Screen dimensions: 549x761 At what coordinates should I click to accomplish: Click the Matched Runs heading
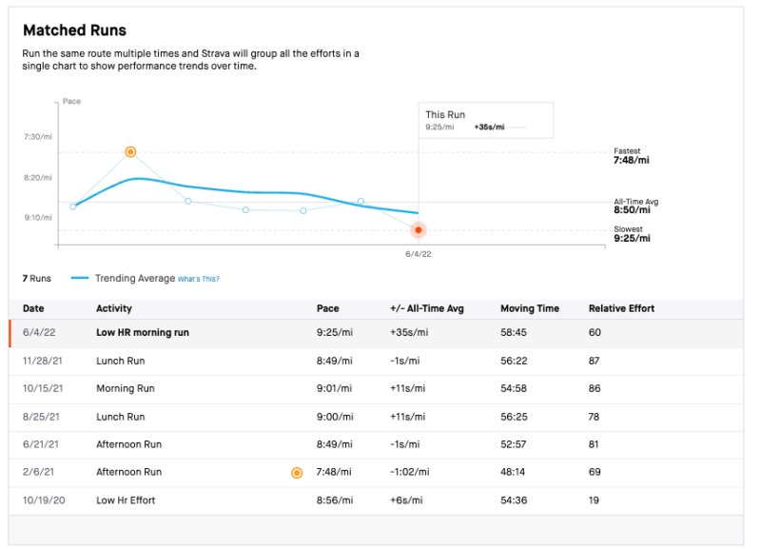coord(74,30)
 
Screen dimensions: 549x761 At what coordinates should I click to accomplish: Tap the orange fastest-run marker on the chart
coord(130,152)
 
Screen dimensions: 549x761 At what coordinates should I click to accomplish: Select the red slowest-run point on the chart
coord(419,230)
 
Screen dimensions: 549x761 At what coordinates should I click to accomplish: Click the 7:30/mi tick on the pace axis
coord(38,137)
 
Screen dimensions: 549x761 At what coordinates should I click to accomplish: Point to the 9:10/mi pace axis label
coord(38,217)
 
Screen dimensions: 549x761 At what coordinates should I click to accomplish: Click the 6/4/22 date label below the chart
coord(419,254)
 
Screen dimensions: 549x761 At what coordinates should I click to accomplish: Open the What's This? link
coord(199,279)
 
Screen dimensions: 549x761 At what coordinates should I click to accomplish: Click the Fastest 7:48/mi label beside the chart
coord(632,156)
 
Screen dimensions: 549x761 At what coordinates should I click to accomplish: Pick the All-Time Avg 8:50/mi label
coord(635,206)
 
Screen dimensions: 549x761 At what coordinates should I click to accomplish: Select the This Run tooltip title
coord(445,115)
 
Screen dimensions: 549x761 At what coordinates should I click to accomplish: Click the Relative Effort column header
coord(621,308)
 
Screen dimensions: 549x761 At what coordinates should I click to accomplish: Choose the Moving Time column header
coord(530,308)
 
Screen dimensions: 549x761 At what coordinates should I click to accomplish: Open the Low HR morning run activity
coord(142,333)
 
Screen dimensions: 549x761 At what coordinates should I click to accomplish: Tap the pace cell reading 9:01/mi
coord(334,389)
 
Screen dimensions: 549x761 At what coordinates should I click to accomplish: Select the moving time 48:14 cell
coord(515,472)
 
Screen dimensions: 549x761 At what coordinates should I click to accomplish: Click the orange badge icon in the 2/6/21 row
coord(297,472)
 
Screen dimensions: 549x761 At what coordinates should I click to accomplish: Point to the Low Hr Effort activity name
coord(126,500)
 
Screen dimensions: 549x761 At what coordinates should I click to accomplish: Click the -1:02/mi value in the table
coord(409,472)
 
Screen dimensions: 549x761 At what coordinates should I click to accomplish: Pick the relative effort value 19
coord(595,500)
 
